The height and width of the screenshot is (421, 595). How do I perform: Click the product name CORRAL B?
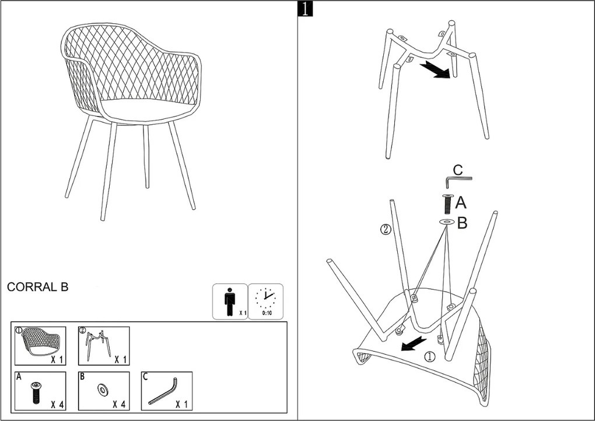pyautogui.click(x=37, y=287)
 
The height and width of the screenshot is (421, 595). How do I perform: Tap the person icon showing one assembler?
pyautogui.click(x=230, y=301)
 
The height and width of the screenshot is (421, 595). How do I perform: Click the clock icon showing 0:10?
pyautogui.click(x=265, y=298)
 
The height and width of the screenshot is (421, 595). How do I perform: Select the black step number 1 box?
pyautogui.click(x=305, y=9)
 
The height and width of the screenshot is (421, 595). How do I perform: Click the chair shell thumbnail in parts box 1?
pyautogui.click(x=40, y=342)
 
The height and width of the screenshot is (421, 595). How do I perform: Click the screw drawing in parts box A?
pyautogui.click(x=36, y=392)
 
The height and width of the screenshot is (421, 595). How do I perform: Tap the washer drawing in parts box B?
pyautogui.click(x=103, y=389)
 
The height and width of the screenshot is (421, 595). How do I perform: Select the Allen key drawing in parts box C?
pyautogui.click(x=163, y=391)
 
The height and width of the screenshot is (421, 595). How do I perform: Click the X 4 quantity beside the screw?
pyautogui.click(x=57, y=405)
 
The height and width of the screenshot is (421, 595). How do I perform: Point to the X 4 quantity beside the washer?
pyautogui.click(x=119, y=404)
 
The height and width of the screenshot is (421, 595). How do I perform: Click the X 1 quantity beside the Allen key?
pyautogui.click(x=181, y=404)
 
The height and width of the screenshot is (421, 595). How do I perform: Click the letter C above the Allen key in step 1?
pyautogui.click(x=459, y=170)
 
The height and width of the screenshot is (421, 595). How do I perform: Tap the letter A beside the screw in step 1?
pyautogui.click(x=461, y=203)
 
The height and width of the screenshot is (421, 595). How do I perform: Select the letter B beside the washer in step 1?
pyautogui.click(x=462, y=223)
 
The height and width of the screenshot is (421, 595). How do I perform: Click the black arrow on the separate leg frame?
pyautogui.click(x=435, y=69)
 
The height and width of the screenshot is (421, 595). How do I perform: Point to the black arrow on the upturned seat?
pyautogui.click(x=414, y=343)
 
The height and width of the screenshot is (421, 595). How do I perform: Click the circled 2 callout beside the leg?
pyautogui.click(x=386, y=230)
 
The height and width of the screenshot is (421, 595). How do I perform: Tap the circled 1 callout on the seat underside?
pyautogui.click(x=429, y=356)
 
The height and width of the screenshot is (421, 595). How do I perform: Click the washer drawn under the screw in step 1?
pyautogui.click(x=447, y=222)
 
